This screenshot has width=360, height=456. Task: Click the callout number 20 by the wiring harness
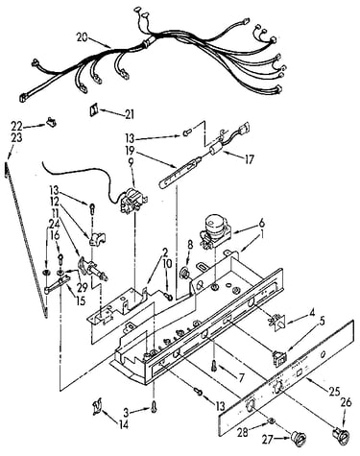(x=82, y=37)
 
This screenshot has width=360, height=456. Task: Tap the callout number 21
(x=130, y=114)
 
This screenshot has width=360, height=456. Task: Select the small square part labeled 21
(x=93, y=109)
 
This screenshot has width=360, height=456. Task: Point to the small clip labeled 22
(x=51, y=122)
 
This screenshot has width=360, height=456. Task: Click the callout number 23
(x=17, y=138)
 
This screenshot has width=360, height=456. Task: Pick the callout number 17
(x=249, y=159)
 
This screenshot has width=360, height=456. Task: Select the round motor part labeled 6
(x=214, y=229)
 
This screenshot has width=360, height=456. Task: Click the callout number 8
(x=190, y=245)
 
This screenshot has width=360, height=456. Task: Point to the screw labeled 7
(x=214, y=365)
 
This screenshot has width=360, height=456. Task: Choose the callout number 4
(x=312, y=311)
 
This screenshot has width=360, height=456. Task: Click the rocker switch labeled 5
(x=279, y=358)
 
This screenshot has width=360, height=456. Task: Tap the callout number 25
(x=334, y=392)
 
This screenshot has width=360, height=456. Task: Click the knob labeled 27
(x=298, y=438)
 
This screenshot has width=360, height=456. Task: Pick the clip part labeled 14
(x=97, y=408)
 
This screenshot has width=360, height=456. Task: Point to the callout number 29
(x=82, y=288)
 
